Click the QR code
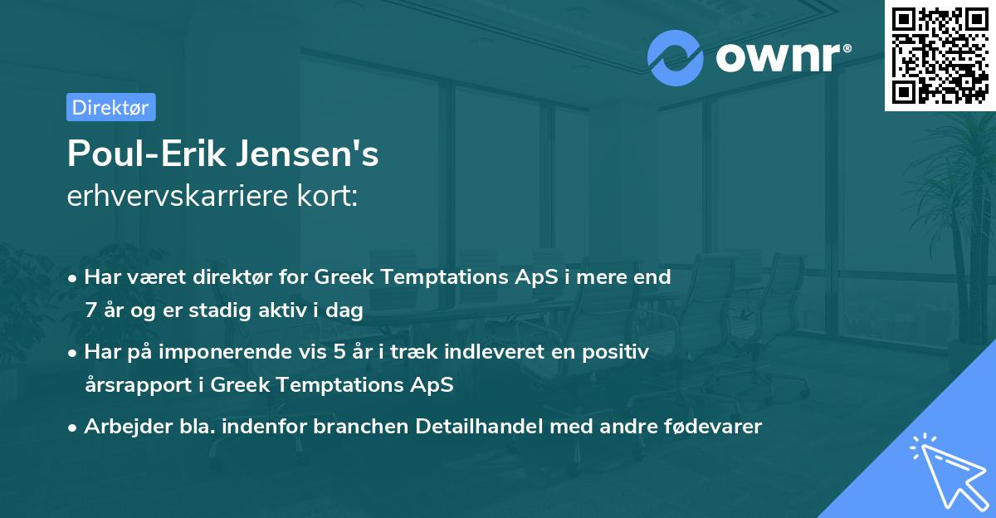(x=940, y=56)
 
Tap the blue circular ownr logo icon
(x=676, y=58)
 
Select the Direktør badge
(x=110, y=107)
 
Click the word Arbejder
(x=124, y=427)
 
